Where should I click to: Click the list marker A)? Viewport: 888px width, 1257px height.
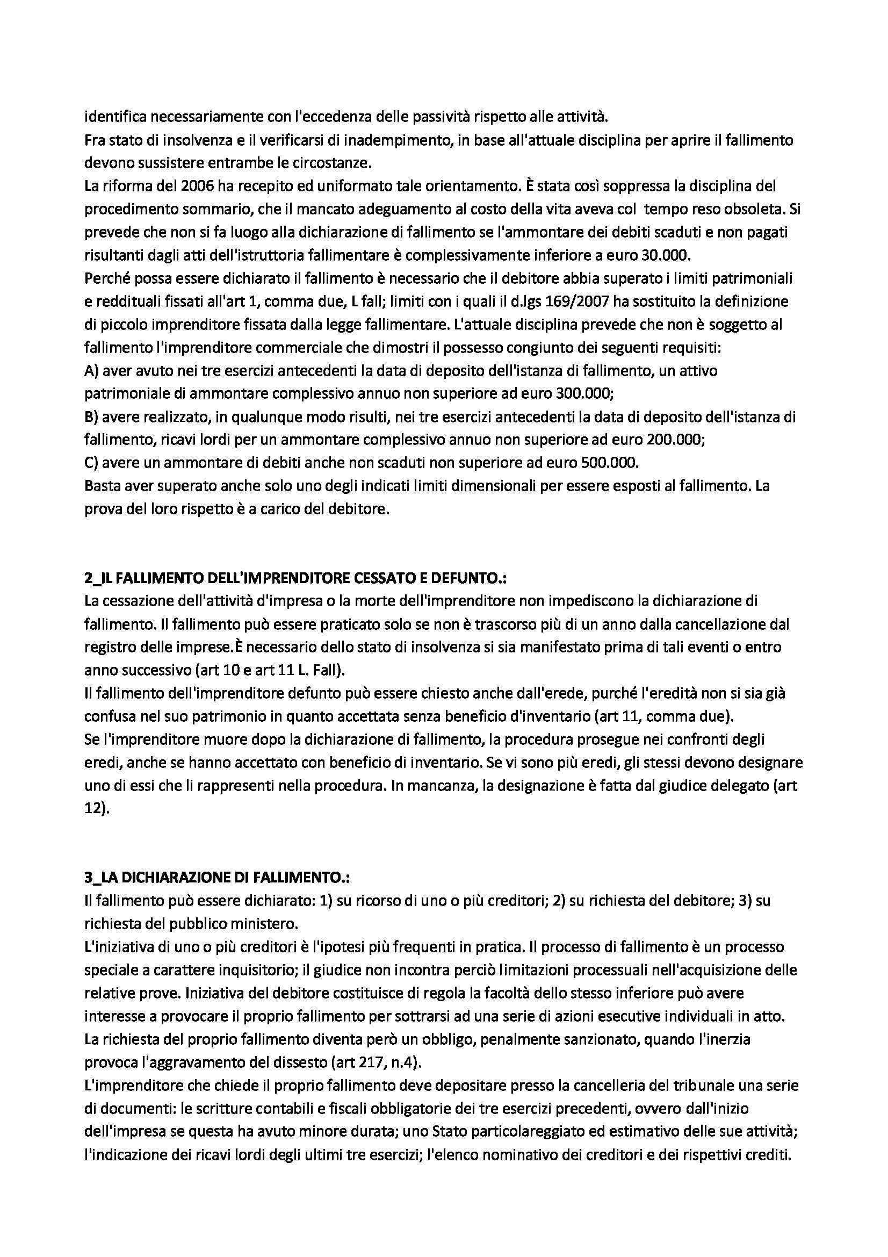91,371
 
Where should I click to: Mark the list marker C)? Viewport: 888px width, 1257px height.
91,463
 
